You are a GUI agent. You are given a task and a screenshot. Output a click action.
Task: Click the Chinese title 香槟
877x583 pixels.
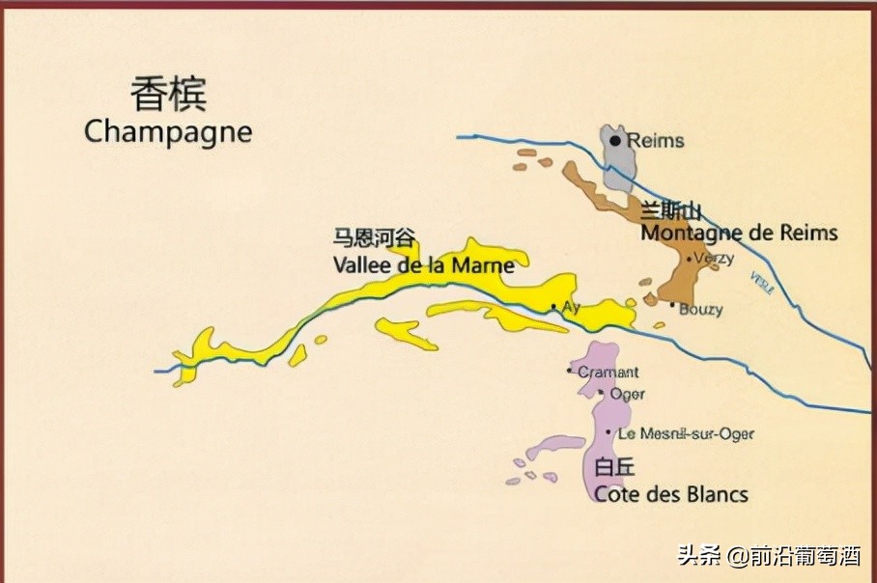tap(169, 96)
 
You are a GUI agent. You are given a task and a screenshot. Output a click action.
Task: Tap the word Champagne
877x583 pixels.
tap(168, 132)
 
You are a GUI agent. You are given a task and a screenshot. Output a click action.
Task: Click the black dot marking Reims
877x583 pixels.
tap(615, 141)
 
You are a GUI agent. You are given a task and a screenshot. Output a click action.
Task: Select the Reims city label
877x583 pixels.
tap(656, 141)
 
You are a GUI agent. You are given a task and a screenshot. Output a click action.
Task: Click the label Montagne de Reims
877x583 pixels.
tap(739, 234)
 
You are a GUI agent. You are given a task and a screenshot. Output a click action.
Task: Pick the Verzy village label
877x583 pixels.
tap(714, 259)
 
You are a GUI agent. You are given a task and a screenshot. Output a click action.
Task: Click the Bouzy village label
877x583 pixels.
tap(700, 310)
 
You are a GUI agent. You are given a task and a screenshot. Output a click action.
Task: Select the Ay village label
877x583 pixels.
tap(571, 308)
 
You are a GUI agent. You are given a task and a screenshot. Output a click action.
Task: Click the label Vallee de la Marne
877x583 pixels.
tap(424, 265)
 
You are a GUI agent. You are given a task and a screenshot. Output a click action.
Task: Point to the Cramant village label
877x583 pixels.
tap(608, 373)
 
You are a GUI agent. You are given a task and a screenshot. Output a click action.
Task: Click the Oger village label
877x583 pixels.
tap(627, 394)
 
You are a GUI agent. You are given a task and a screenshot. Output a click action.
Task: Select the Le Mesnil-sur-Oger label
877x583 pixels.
tap(686, 434)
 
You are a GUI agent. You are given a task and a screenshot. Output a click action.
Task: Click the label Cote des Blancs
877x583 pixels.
tap(671, 494)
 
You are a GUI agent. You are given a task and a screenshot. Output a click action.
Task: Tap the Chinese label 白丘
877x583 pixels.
tap(614, 468)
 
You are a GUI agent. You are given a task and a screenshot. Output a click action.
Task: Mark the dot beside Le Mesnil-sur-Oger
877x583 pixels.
tap(608, 432)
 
